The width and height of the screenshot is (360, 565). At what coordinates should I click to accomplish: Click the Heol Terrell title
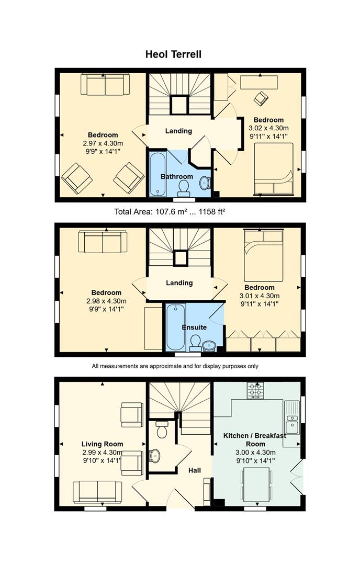173,54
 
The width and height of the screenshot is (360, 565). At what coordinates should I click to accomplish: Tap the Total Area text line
170,211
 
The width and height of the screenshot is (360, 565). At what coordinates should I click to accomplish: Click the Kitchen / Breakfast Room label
255,439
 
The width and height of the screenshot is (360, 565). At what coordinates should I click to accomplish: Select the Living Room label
103,444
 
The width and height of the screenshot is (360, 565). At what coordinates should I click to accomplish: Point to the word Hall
195,470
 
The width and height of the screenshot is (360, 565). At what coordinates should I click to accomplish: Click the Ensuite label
194,327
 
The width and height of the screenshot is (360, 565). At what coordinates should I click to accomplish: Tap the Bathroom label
176,177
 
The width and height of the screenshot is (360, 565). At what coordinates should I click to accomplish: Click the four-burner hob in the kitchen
255,390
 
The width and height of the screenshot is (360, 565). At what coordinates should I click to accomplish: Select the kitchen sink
292,418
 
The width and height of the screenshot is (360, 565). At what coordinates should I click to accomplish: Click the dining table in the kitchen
256,484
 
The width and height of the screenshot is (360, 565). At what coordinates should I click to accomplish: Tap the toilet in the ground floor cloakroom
162,429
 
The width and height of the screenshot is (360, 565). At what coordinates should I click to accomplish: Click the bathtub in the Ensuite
176,327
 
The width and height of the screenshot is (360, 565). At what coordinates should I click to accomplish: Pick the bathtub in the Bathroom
158,174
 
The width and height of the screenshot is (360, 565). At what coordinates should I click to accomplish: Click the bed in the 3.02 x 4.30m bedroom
274,169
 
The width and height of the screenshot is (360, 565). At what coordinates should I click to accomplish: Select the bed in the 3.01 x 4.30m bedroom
263,255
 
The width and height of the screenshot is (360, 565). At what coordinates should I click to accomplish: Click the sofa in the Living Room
97,492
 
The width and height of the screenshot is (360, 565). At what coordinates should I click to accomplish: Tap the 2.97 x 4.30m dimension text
103,143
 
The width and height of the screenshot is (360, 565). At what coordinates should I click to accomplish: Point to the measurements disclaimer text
175,366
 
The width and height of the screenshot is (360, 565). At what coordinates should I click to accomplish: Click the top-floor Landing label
179,131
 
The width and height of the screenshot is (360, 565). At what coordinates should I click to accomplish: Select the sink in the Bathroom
205,183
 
